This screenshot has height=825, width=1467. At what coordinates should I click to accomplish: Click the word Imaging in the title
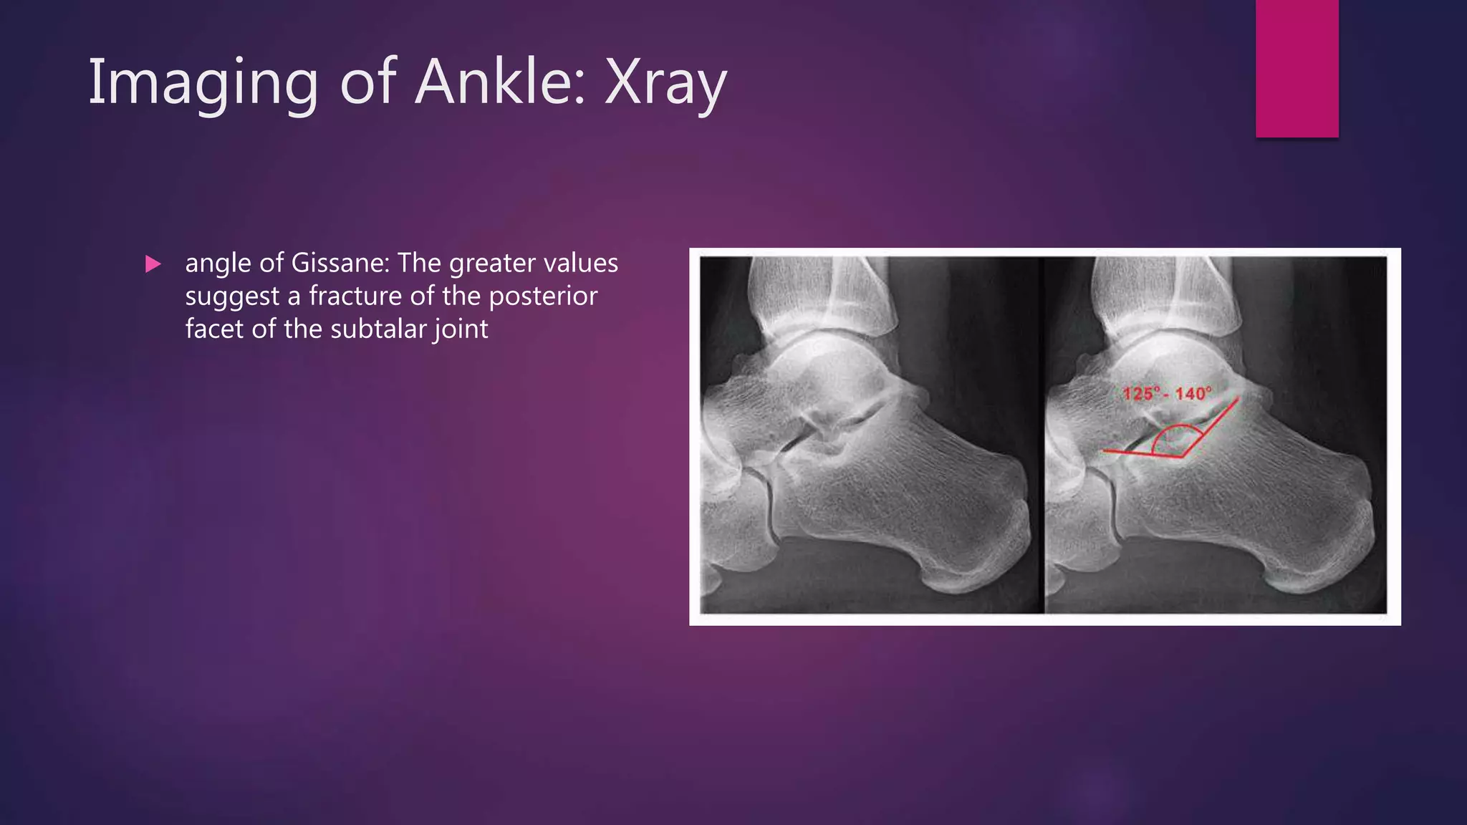[203, 83]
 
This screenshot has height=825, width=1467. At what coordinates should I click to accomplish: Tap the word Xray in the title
[665, 83]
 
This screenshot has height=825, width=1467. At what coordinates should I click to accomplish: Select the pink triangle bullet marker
[153, 264]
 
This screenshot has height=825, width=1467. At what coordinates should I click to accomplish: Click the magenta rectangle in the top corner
[1297, 69]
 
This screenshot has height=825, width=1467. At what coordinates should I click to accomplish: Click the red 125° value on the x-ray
[1140, 393]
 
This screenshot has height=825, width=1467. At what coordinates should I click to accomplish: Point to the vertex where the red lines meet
[1183, 456]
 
